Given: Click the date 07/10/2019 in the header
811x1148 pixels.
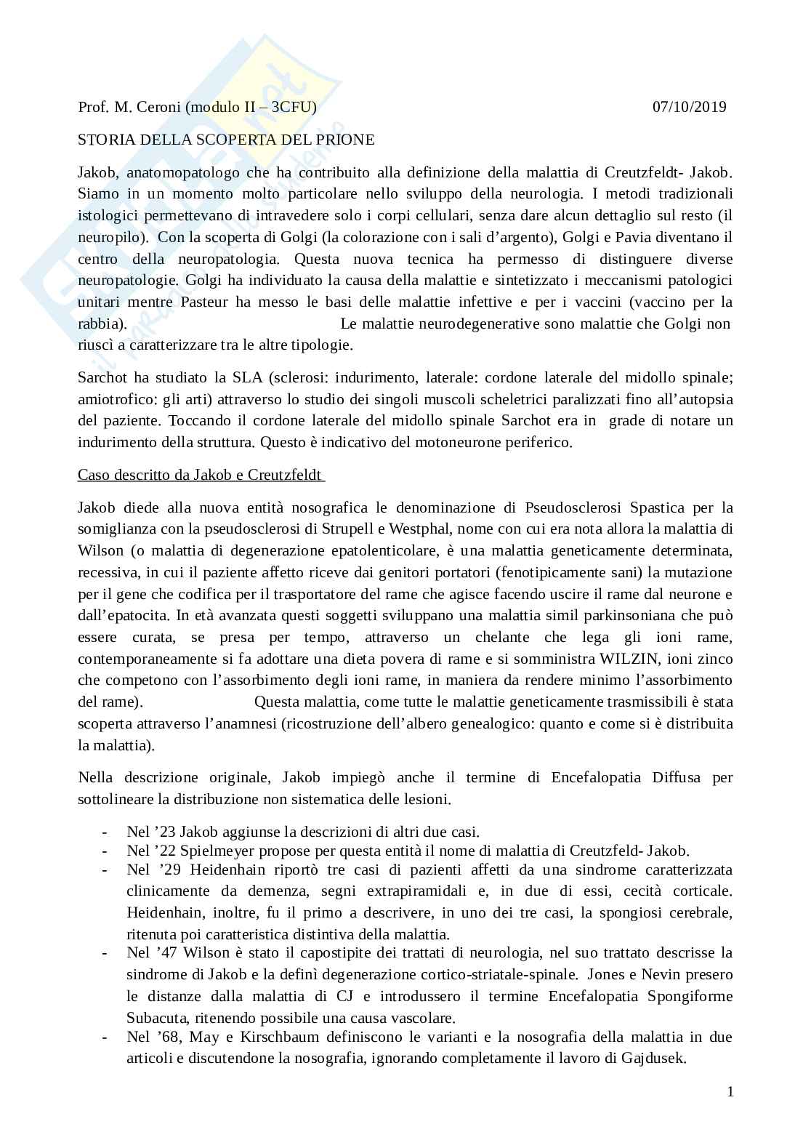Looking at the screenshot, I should [x=689, y=107].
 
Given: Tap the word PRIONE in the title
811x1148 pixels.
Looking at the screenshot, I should [x=347, y=139].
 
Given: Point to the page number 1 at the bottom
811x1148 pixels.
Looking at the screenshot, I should [x=730, y=1091].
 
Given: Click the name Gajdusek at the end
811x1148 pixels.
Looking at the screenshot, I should [x=653, y=1059].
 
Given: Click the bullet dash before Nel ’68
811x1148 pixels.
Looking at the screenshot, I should [x=106, y=1037].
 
